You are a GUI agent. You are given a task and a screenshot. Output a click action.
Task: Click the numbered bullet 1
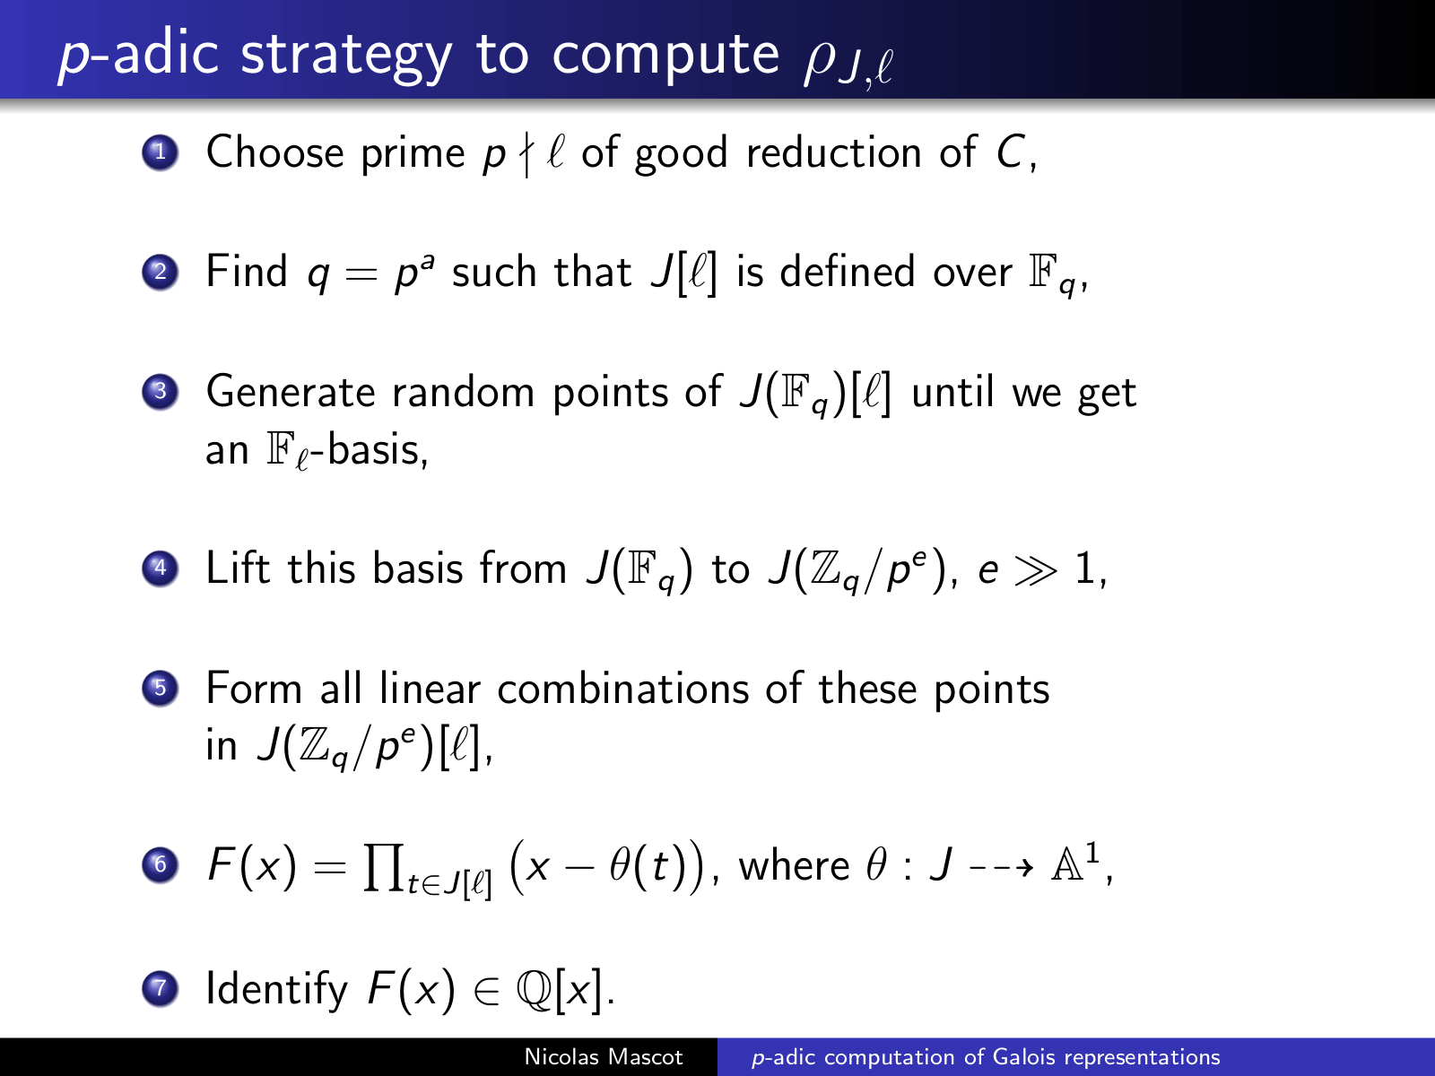(160, 152)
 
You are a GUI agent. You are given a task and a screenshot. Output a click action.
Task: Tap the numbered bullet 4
(160, 568)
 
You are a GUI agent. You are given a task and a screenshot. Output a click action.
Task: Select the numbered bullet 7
(160, 988)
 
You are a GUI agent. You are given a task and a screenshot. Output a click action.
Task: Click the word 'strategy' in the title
(346, 56)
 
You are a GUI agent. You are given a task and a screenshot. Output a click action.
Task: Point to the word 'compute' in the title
(665, 56)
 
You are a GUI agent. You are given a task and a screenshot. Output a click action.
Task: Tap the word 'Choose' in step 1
(274, 152)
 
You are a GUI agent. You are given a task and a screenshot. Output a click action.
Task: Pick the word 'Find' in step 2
(247, 271)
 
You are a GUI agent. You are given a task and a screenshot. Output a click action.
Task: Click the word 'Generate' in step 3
(291, 392)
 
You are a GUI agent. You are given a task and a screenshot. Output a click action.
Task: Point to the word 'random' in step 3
(463, 392)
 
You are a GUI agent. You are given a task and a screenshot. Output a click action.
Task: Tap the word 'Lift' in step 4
(238, 567)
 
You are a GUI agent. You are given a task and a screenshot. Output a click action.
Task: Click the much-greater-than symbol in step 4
(1036, 569)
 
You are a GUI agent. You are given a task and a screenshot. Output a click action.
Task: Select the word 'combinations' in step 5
(623, 689)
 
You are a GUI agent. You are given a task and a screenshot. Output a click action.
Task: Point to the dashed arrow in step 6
(1001, 868)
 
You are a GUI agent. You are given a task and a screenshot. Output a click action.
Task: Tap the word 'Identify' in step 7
(276, 988)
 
